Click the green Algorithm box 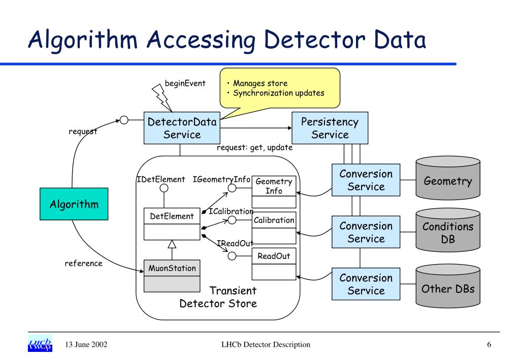click(x=74, y=204)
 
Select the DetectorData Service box click(x=182, y=128)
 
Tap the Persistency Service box click(x=330, y=128)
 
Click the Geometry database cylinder click(x=448, y=178)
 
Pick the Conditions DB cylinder click(x=448, y=231)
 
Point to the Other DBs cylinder click(x=448, y=286)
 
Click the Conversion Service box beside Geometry click(x=366, y=180)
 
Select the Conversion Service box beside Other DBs click(x=366, y=284)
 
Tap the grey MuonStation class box click(x=172, y=276)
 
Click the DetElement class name click(x=172, y=216)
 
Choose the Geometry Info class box click(x=274, y=192)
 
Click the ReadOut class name click(x=274, y=256)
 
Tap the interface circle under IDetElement click(x=164, y=188)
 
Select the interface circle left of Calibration click(x=232, y=220)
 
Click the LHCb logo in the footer click(x=40, y=344)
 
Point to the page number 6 click(x=489, y=345)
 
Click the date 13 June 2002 click(x=86, y=345)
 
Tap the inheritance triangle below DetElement click(x=172, y=244)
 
